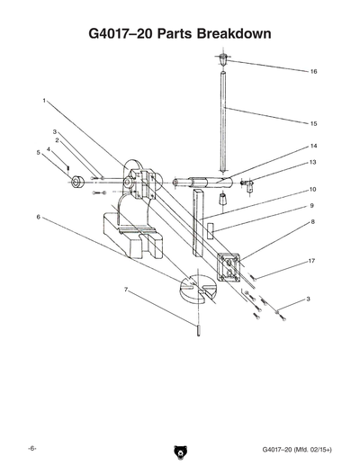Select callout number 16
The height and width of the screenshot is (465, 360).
click(x=313, y=71)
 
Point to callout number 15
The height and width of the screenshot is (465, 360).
click(x=313, y=122)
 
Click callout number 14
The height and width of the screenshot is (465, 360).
click(x=313, y=146)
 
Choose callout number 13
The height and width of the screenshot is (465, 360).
click(x=313, y=162)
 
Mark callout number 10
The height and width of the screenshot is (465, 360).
click(x=312, y=190)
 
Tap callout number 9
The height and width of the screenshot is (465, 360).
click(x=312, y=205)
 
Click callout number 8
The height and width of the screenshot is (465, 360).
click(x=312, y=220)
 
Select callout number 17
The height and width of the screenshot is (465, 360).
click(x=312, y=261)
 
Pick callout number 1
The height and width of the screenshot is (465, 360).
click(x=44, y=101)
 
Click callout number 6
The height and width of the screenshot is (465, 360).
click(x=38, y=217)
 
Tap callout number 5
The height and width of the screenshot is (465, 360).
click(x=38, y=153)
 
